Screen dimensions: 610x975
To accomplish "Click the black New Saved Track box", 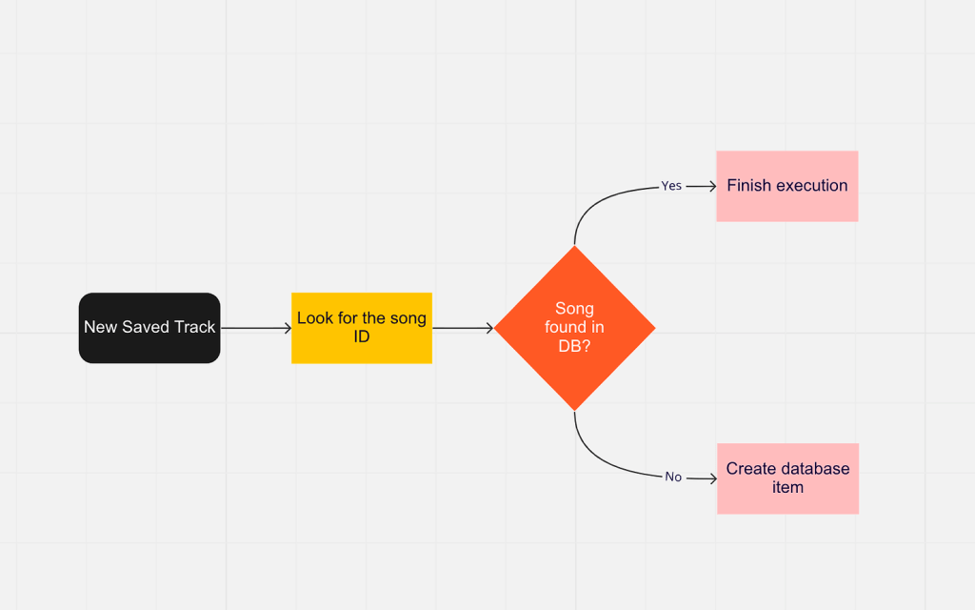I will [x=149, y=328].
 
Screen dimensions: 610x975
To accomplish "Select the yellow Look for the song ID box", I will [x=362, y=328].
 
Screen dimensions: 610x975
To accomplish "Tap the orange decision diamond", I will [x=575, y=328].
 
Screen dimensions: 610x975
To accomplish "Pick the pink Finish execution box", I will [x=787, y=186].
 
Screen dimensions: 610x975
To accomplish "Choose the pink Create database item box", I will [x=787, y=478].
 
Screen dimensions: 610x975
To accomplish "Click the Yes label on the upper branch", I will [x=671, y=186].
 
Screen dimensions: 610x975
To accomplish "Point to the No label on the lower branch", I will [x=673, y=477].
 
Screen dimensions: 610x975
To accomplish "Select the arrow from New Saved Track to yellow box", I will [x=255, y=328].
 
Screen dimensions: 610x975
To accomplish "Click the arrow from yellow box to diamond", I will [x=463, y=328].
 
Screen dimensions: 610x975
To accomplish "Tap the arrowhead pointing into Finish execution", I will [x=711, y=187].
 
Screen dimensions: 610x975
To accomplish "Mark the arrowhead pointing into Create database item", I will [x=712, y=478].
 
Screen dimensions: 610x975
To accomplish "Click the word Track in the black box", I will [x=195, y=327].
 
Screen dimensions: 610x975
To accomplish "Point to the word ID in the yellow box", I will [x=362, y=336].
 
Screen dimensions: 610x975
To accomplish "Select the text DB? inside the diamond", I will [x=574, y=346].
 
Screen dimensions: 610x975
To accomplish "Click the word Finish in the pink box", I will [x=747, y=186].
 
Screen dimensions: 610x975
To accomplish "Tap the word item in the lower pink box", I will [x=787, y=488].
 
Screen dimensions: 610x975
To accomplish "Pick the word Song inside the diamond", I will [x=574, y=309].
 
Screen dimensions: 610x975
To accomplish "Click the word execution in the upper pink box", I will [x=809, y=186].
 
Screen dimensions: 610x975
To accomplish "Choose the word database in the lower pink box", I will [x=815, y=469].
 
